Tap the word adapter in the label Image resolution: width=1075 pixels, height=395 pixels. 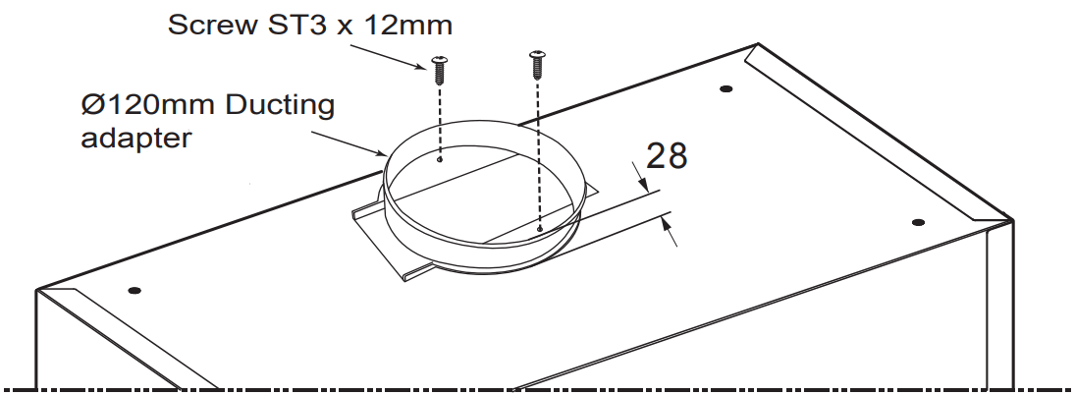click(135, 137)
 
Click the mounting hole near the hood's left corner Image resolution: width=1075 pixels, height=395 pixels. click(134, 290)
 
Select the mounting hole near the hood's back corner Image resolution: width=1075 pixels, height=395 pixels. click(726, 89)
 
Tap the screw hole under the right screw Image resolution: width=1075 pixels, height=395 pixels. click(540, 229)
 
